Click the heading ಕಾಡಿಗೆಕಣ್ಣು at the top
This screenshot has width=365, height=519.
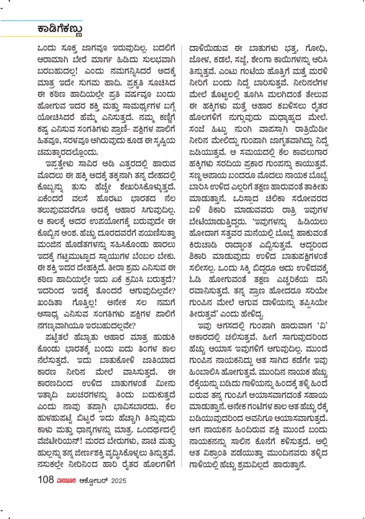pyautogui.click(x=60, y=29)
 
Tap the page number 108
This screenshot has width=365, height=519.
pyautogui.click(x=46, y=480)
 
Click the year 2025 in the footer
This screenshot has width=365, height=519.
pyautogui.click(x=118, y=481)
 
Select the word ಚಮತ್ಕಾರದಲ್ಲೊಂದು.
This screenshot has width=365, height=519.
pyautogui.click(x=67, y=152)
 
